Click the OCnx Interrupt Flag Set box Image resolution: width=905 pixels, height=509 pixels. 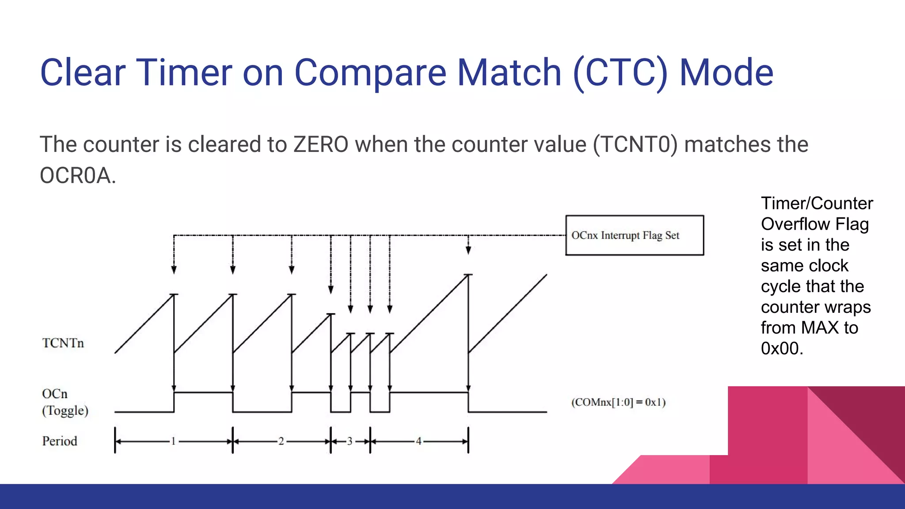(x=634, y=235)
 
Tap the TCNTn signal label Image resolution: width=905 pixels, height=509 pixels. (x=63, y=343)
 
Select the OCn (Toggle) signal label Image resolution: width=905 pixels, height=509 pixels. (x=65, y=402)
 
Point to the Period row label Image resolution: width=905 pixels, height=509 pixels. (x=60, y=441)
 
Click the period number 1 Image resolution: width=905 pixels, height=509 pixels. (x=173, y=441)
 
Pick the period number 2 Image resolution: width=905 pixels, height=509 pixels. (x=281, y=441)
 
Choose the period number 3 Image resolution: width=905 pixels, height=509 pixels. (x=350, y=441)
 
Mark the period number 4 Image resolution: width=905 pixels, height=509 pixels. (x=418, y=441)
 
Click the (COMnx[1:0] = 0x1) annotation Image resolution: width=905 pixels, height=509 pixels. (x=618, y=402)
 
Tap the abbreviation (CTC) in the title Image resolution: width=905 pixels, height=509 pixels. (x=620, y=72)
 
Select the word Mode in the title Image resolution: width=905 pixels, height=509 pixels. (x=726, y=72)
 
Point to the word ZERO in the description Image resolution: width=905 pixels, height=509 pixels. (x=321, y=144)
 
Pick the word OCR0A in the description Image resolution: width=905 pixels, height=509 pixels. (x=75, y=175)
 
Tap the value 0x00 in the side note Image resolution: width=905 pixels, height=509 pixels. (x=781, y=349)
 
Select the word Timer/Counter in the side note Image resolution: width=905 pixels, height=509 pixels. (x=817, y=203)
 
